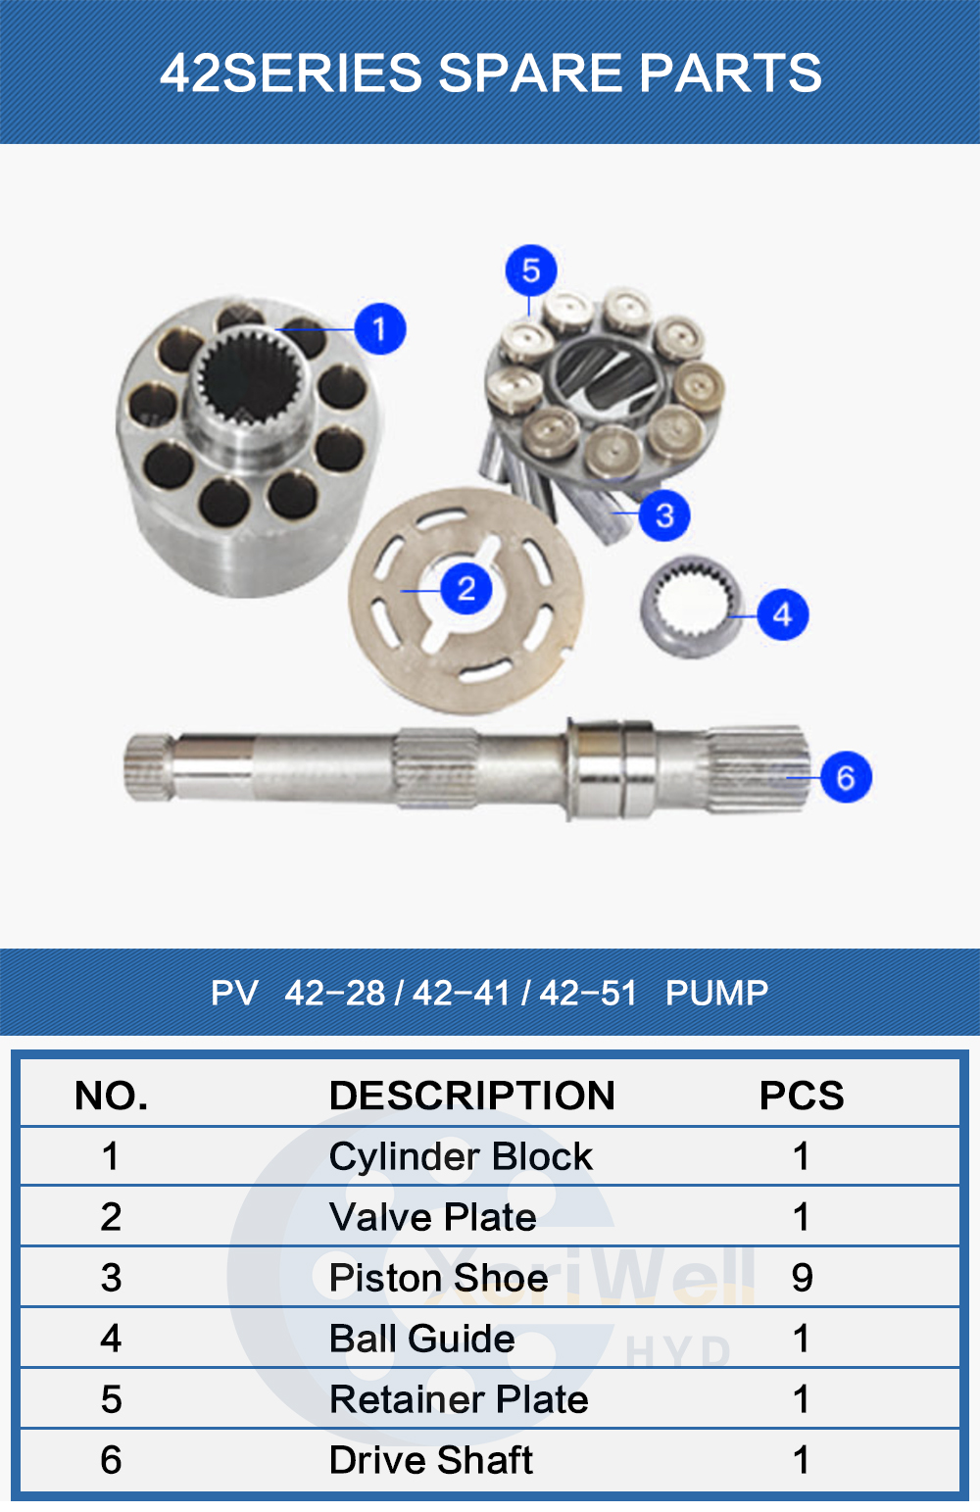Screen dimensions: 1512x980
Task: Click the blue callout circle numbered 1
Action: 379,329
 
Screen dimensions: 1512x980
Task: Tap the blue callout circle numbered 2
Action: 465,589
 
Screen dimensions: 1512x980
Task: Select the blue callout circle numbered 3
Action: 664,514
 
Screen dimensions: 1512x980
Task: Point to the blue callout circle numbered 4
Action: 782,614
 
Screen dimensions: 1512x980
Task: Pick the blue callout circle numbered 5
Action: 531,270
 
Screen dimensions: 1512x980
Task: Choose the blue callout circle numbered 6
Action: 846,777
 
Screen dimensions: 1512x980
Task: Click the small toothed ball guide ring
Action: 689,608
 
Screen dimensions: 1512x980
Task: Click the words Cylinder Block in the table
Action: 461,1156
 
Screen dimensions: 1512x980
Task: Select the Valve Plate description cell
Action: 433,1217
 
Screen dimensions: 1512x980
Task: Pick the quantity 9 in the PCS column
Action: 802,1278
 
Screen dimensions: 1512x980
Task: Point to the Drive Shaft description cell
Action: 431,1460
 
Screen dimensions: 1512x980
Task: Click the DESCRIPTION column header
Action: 471,1096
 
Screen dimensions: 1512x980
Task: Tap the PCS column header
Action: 802,1096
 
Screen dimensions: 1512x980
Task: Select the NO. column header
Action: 112,1096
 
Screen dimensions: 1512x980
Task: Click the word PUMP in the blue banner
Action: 716,993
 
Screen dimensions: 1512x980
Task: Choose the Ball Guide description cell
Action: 422,1339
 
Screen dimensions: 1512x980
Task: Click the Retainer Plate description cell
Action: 459,1399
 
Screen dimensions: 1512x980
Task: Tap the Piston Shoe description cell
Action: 438,1278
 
